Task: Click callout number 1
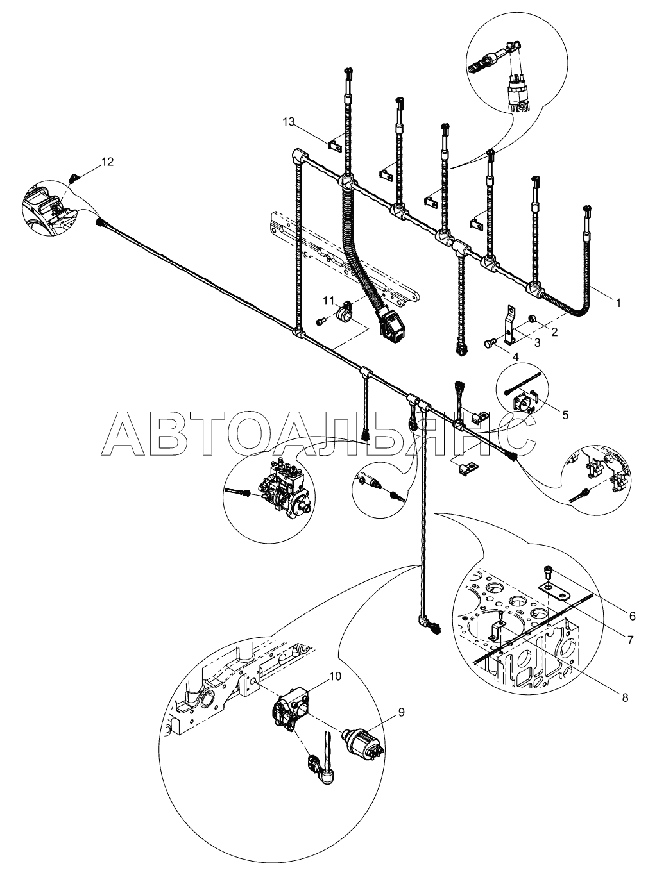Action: (618, 303)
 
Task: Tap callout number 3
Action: (538, 342)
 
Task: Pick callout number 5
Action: (565, 414)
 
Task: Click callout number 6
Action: (633, 615)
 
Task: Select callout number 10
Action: (336, 676)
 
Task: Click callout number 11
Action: (328, 300)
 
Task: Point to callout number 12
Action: (107, 162)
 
